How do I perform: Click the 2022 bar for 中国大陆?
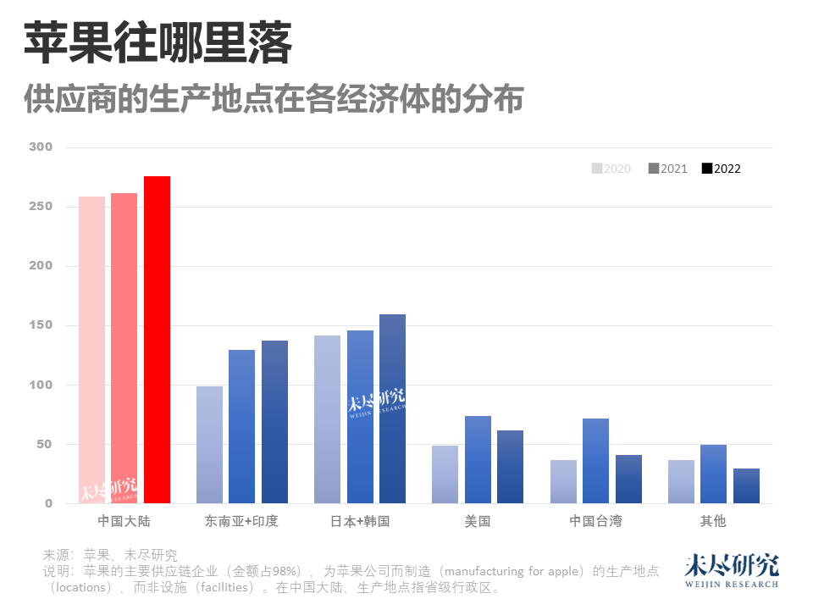(157, 339)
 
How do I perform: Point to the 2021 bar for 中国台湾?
(595, 461)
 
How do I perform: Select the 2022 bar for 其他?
(746, 485)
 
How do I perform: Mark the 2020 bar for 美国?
(445, 474)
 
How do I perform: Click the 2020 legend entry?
(611, 169)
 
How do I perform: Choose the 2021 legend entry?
(667, 169)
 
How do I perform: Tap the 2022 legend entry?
(721, 169)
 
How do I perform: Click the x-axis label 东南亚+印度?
(241, 521)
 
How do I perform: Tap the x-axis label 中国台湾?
(595, 521)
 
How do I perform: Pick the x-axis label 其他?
(713, 521)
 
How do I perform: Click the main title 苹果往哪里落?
(158, 44)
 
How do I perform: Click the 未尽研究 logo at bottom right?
(731, 571)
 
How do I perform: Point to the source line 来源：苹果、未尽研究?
(110, 556)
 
